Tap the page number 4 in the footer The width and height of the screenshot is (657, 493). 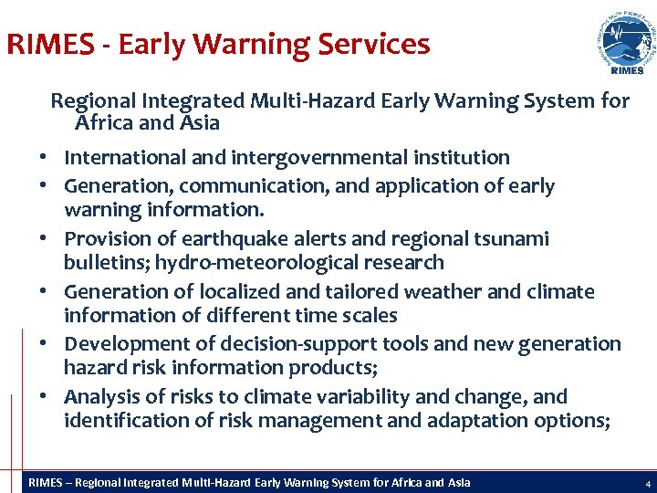647,483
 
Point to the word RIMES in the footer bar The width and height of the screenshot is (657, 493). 47,482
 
